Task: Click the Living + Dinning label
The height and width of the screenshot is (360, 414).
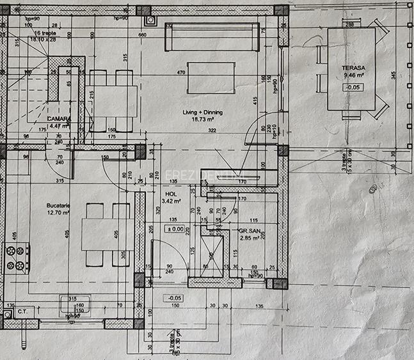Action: (x=200, y=112)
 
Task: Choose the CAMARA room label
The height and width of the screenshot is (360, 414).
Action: (x=59, y=119)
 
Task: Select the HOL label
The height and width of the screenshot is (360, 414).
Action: (x=170, y=194)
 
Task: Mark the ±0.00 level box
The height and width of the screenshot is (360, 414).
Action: (x=175, y=228)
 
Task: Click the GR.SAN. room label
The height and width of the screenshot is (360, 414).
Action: (x=248, y=230)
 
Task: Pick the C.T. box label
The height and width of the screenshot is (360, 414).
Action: (x=22, y=312)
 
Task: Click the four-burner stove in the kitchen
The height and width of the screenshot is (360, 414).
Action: (x=16, y=258)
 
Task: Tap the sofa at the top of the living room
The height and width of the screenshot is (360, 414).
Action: (x=212, y=37)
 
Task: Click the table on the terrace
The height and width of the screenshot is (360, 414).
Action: (x=351, y=69)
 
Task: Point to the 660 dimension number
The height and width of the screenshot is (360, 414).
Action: (x=143, y=35)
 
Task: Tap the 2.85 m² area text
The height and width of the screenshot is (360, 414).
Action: (x=247, y=237)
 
